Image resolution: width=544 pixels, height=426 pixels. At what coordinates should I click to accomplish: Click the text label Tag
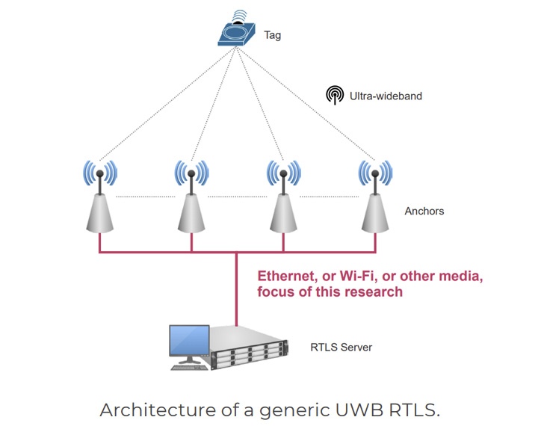pos(273,35)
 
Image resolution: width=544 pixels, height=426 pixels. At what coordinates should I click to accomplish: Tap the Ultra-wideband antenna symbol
pos(335,95)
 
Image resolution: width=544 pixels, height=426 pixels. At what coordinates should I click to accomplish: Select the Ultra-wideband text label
pos(386,96)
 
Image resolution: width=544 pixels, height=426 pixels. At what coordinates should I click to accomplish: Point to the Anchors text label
pos(424,212)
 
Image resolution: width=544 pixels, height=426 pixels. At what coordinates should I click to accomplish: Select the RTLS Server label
pos(341,348)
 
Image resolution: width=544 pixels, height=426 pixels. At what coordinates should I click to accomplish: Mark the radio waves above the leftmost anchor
pos(99,173)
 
